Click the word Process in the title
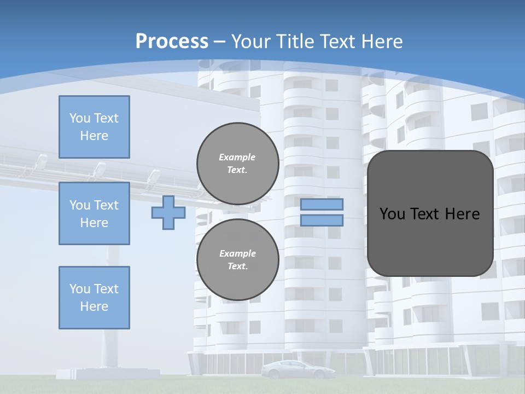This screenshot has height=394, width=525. [x=172, y=42]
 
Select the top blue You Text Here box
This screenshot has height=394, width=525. [x=94, y=127]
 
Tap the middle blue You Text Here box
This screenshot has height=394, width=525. [x=94, y=213]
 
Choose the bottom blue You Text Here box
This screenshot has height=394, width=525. [x=94, y=297]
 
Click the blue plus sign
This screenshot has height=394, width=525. [x=168, y=212]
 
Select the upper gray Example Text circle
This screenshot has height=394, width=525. [x=237, y=164]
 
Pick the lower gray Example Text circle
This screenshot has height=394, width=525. [x=237, y=260]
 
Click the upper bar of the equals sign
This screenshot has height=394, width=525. [x=322, y=205]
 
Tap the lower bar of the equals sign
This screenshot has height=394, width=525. [x=322, y=220]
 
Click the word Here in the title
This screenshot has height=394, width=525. [x=381, y=42]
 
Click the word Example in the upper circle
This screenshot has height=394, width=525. [x=237, y=158]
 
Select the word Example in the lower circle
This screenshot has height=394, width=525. [x=237, y=254]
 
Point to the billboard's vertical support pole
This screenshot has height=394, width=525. [x=113, y=306]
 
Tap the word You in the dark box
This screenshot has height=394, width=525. [x=392, y=214]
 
